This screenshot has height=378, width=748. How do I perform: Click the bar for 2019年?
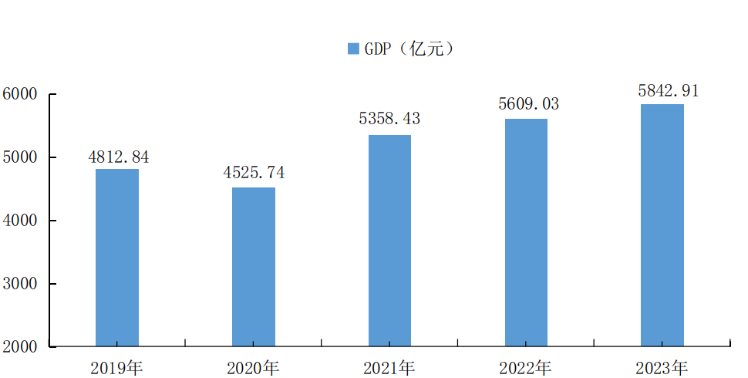tap(117, 257)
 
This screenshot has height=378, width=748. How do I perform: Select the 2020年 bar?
tap(254, 266)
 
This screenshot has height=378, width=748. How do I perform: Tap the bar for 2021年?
tap(389, 240)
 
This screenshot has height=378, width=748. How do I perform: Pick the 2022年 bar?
tap(526, 231)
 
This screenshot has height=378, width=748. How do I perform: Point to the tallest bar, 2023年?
tap(662, 224)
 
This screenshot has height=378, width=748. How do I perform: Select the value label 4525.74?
tap(254, 174)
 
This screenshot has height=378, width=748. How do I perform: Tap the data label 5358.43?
tap(389, 120)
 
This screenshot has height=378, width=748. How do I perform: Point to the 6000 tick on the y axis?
tap(20, 94)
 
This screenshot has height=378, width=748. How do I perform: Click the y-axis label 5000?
tap(20, 157)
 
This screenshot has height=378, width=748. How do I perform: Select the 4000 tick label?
tap(20, 221)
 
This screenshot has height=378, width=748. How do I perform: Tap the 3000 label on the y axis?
tap(20, 284)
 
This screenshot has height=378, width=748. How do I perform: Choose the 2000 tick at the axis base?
tap(20, 347)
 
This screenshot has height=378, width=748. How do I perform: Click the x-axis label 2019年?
tap(116, 367)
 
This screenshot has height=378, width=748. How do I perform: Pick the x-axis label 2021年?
tap(389, 367)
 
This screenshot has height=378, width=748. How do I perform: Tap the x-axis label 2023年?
tap(662, 367)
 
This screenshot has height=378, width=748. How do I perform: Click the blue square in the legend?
tap(353, 49)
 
